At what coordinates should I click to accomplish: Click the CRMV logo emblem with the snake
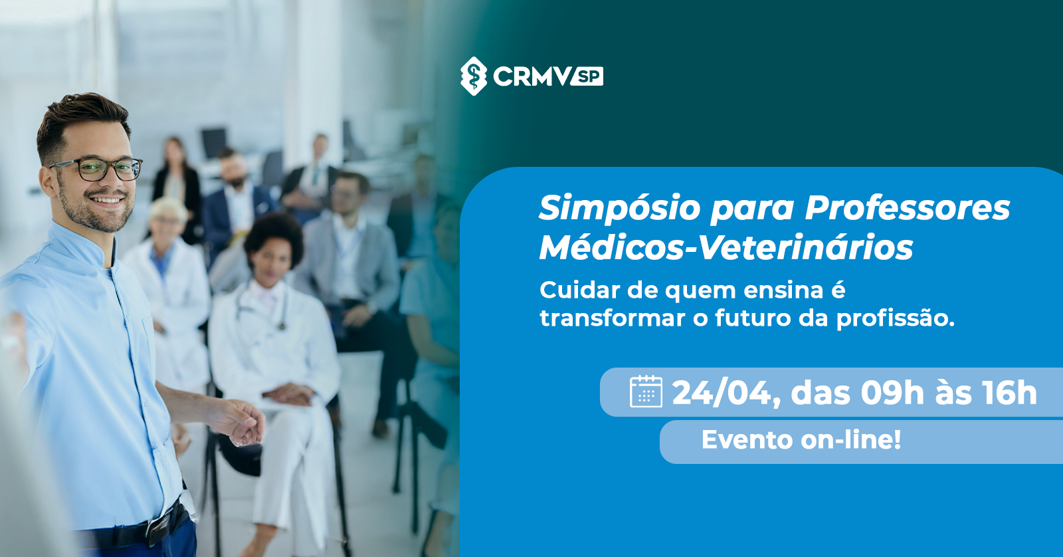(x=473, y=76)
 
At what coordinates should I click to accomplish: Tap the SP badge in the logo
(x=588, y=76)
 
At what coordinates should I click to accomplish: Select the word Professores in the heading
(x=908, y=207)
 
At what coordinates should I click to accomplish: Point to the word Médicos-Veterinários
(x=726, y=247)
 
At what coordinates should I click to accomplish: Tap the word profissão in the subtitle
(x=895, y=318)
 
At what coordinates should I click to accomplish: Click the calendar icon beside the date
(x=646, y=391)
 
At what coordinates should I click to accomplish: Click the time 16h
(x=1009, y=393)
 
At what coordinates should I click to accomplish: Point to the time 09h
(x=892, y=393)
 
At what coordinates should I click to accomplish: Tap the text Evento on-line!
(x=801, y=440)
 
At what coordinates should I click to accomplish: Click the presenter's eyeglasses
(x=97, y=169)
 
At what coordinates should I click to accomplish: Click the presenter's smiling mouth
(x=106, y=200)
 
